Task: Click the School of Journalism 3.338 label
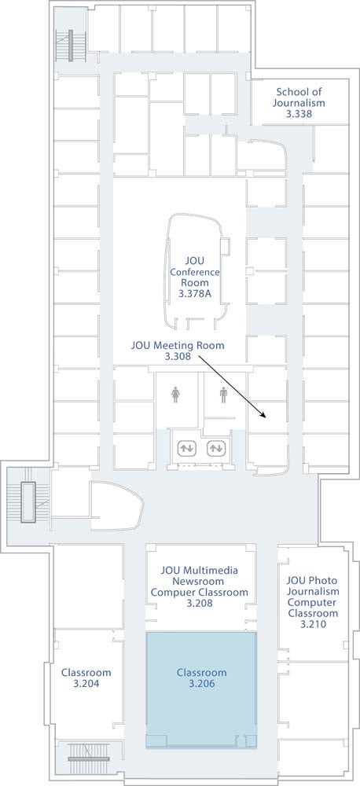pos(299,103)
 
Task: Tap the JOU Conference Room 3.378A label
pos(194,277)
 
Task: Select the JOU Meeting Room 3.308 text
pos(178,351)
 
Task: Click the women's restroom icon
pos(175,395)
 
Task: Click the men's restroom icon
pos(223,395)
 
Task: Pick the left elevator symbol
pos(187,448)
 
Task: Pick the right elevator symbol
pos(215,448)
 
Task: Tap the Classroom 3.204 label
pos(86,678)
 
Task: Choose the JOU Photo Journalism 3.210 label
pos(312,602)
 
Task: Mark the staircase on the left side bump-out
pos(28,502)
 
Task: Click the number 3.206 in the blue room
pos(201,683)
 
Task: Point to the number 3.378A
pos(194,294)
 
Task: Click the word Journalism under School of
pos(299,103)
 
